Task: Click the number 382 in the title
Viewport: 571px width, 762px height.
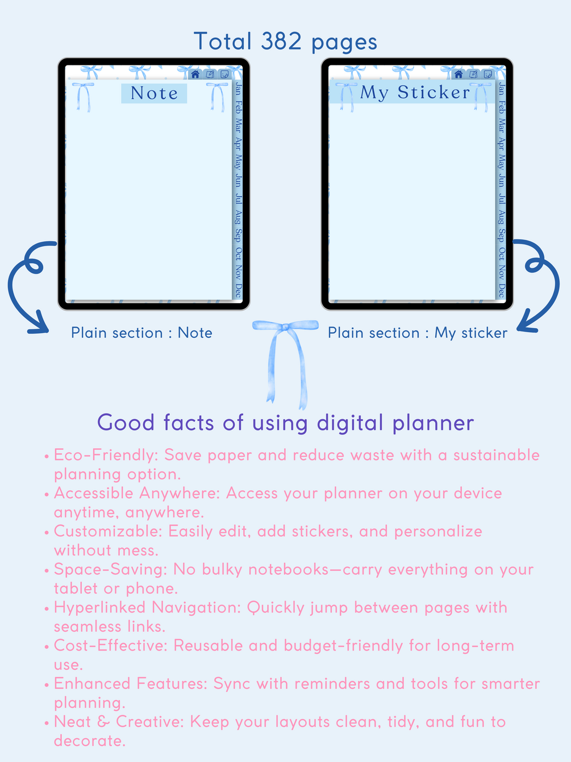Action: coord(281,41)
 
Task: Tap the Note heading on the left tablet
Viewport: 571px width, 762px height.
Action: coord(155,93)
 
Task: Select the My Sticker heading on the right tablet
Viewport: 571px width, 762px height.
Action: coord(415,92)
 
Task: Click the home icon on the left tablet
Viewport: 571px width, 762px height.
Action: coord(195,74)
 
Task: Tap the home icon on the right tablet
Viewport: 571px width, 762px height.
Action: coord(459,74)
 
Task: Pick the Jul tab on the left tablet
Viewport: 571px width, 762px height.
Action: coord(238,199)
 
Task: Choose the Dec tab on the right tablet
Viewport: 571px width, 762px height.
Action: coord(502,290)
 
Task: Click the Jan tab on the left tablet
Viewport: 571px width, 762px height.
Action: coord(238,89)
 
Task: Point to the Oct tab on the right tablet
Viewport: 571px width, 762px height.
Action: coord(502,254)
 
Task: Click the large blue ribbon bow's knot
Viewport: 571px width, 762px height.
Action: coord(285,327)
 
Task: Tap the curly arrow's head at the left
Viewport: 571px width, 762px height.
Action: coord(39,324)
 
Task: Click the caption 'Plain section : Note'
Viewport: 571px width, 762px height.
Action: coord(141,333)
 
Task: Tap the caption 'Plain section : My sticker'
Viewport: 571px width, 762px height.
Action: coord(418,333)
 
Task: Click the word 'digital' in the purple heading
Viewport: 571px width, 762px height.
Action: coord(350,423)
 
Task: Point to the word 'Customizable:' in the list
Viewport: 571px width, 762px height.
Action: coord(108,531)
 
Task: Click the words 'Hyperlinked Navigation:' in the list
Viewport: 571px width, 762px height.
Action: coord(147,607)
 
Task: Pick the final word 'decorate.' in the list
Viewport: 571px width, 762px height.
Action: coord(90,741)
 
